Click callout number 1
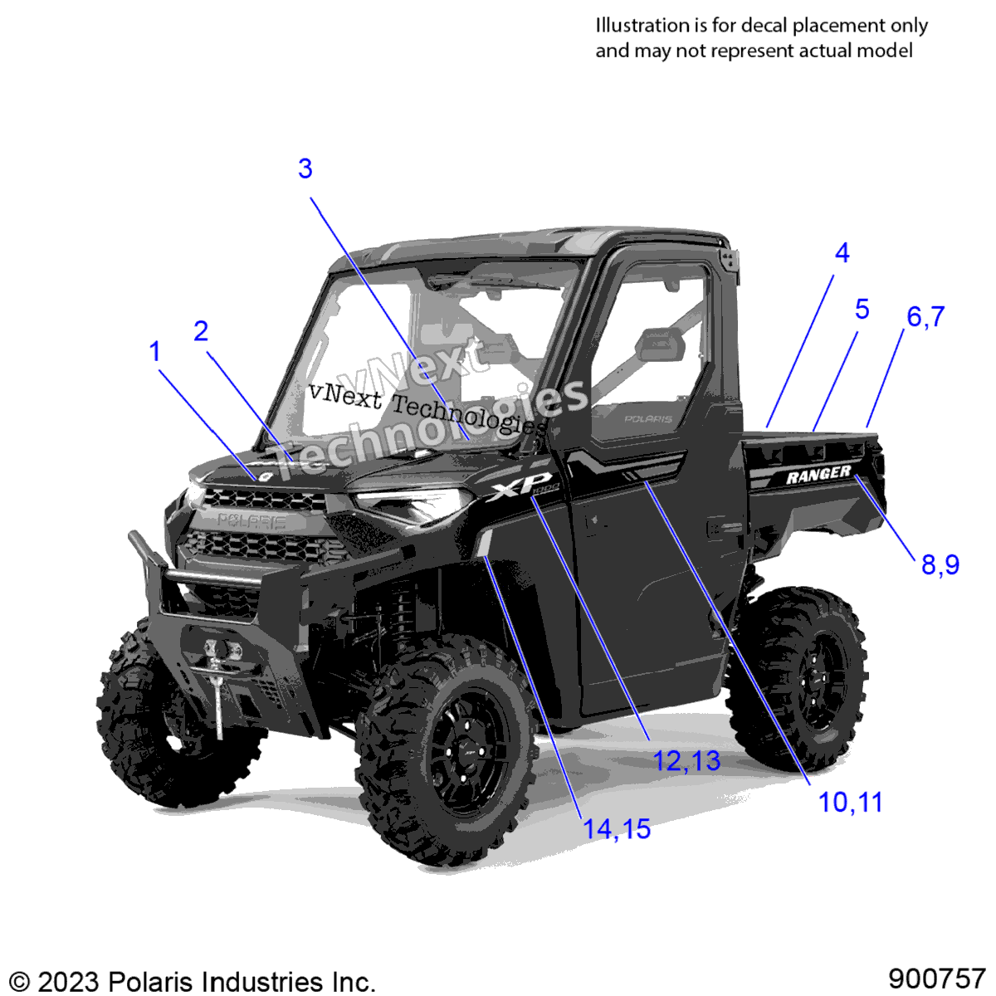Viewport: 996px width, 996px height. pyautogui.click(x=154, y=352)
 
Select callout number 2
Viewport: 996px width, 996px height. pyautogui.click(x=201, y=331)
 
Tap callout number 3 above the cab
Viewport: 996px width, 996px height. pyautogui.click(x=305, y=169)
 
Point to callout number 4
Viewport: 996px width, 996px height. pyautogui.click(x=842, y=253)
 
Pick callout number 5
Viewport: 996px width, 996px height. pyautogui.click(x=862, y=309)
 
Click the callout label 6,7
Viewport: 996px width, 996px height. pyautogui.click(x=925, y=317)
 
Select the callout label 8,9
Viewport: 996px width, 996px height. pyautogui.click(x=940, y=564)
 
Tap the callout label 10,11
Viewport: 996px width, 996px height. pyautogui.click(x=851, y=803)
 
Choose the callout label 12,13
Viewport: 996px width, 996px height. pyautogui.click(x=687, y=761)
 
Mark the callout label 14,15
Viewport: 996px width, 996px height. pyautogui.click(x=617, y=829)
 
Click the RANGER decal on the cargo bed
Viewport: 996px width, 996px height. pyautogui.click(x=818, y=475)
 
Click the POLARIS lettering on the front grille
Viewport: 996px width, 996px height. pyautogui.click(x=251, y=521)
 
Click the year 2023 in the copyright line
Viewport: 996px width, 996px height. pyautogui.click(x=71, y=981)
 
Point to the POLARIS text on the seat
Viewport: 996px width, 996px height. pyautogui.click(x=648, y=419)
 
